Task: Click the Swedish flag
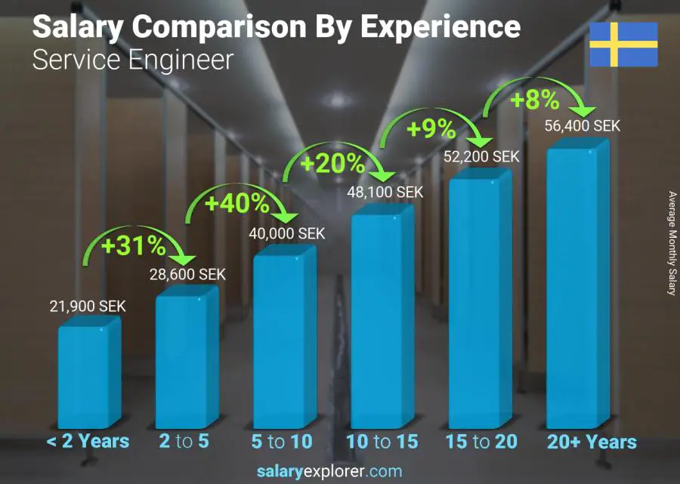coord(623,45)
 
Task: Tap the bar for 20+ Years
coord(578,287)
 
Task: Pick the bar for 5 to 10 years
coord(283,340)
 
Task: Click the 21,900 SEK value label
coord(88,307)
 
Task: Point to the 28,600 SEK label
coord(187,274)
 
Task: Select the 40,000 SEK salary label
coord(287,234)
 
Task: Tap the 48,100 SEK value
coord(385,193)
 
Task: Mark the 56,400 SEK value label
coord(583,126)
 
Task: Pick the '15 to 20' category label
coord(481,441)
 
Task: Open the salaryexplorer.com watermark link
coord(329,471)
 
